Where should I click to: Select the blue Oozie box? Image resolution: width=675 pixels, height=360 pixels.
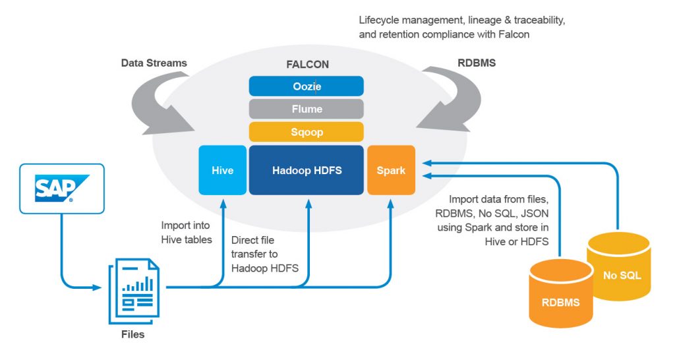coord(306,86)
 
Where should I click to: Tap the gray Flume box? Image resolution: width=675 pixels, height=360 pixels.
coord(306,109)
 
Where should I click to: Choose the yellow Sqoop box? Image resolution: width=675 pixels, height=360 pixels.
coord(306,131)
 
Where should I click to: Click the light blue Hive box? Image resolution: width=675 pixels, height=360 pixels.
coord(222,170)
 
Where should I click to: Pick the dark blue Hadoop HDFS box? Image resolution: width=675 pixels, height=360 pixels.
coord(306,170)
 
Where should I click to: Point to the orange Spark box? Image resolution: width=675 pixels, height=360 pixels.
coord(391,170)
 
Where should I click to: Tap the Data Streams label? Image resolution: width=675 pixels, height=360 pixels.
coord(154,63)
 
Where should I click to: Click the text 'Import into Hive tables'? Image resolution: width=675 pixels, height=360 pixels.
coord(187,232)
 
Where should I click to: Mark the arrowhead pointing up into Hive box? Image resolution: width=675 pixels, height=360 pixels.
coord(222,199)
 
